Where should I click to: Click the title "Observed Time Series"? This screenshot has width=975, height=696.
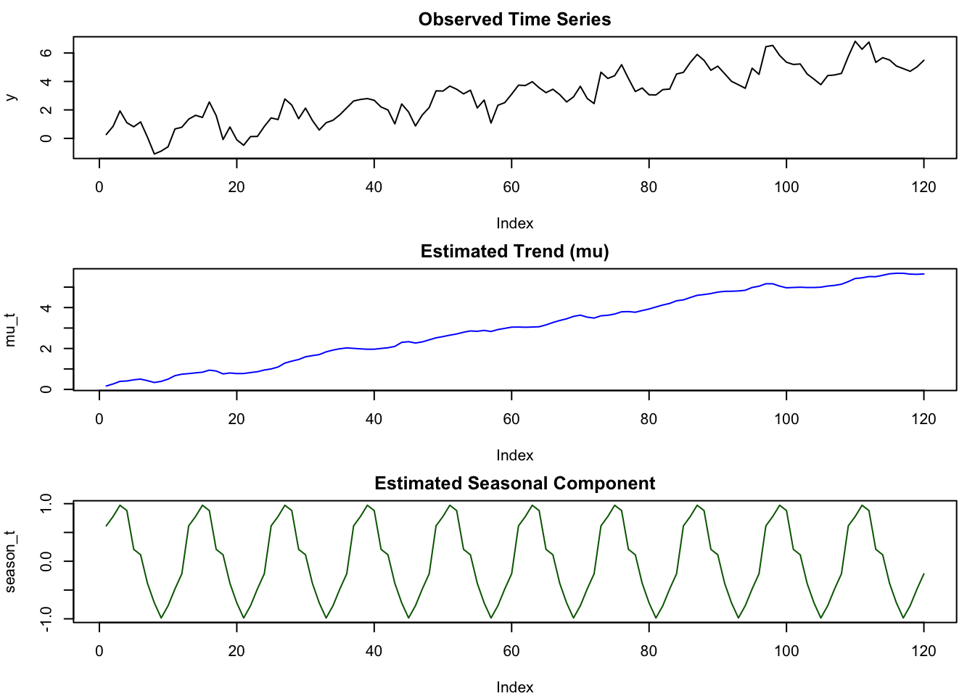click(x=514, y=20)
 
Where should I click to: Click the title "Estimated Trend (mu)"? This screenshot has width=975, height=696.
click(x=514, y=252)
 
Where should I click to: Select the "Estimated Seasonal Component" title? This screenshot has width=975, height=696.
click(x=514, y=484)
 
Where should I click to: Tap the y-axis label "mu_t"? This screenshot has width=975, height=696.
click(x=11, y=329)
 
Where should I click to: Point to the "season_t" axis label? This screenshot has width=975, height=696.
click(x=11, y=561)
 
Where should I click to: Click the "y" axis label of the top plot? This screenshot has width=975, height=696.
click(x=11, y=97)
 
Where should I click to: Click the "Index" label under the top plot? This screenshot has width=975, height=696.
click(x=514, y=223)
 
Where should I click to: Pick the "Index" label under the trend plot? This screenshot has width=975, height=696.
click(x=514, y=455)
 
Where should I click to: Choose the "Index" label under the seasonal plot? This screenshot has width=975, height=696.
click(x=514, y=687)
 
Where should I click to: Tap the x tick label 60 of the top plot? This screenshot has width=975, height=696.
click(x=511, y=187)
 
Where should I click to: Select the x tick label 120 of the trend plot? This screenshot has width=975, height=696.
click(x=923, y=419)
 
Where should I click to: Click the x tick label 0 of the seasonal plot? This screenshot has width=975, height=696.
click(x=99, y=651)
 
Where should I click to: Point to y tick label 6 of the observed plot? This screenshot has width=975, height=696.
click(x=46, y=53)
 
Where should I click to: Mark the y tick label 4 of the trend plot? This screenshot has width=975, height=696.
click(x=46, y=308)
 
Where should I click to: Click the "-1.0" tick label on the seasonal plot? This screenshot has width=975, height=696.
click(x=46, y=618)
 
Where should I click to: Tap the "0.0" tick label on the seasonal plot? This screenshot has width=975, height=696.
click(x=46, y=561)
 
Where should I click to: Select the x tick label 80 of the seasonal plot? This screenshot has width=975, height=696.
click(x=649, y=651)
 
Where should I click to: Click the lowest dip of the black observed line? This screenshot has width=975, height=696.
click(x=154, y=154)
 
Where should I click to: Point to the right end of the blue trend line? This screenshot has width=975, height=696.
click(x=923, y=274)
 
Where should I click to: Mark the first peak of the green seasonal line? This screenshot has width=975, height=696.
click(x=120, y=505)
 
